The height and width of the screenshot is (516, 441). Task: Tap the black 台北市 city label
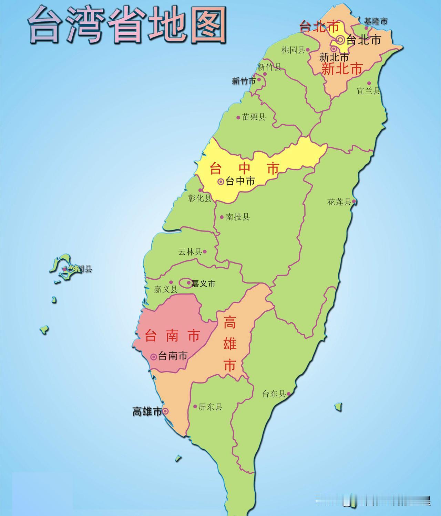click(363, 40)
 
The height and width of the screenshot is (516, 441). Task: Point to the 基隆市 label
click(376, 21)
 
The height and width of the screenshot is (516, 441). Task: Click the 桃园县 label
click(293, 50)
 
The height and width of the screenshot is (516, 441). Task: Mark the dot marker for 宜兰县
click(369, 83)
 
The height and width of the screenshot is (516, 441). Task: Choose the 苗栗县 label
click(254, 117)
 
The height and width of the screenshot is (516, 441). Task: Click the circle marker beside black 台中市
click(221, 182)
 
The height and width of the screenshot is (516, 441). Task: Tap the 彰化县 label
click(200, 198)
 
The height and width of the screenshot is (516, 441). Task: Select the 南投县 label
click(238, 217)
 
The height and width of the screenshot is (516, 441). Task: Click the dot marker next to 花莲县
click(354, 202)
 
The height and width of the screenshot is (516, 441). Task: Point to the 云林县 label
click(190, 252)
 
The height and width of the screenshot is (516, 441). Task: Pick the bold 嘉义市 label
click(203, 283)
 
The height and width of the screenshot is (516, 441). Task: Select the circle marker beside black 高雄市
click(165, 411)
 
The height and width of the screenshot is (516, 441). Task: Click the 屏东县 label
click(210, 407)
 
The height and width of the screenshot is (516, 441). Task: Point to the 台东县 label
click(274, 394)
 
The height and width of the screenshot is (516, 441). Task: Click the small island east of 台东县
click(338, 407)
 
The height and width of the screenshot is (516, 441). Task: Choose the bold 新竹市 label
click(244, 81)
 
